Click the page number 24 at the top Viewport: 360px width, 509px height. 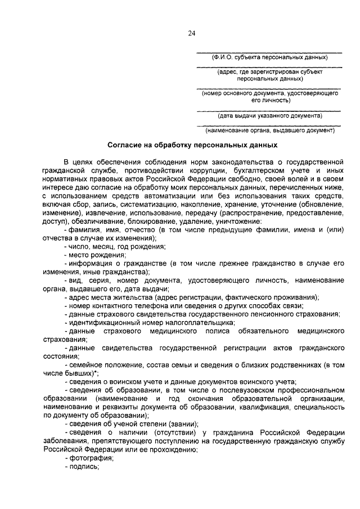click(191, 33)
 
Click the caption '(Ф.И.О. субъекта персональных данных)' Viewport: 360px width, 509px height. click(268, 57)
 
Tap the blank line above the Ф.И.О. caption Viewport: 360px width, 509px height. click(268, 52)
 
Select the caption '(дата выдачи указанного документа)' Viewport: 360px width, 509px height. click(270, 115)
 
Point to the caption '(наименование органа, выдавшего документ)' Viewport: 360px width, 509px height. click(269, 130)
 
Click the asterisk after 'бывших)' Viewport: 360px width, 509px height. click(97, 373)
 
